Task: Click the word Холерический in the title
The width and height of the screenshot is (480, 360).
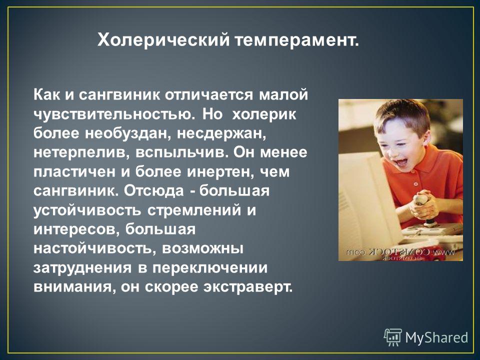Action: (x=163, y=40)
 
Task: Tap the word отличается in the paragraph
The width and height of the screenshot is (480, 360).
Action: (x=209, y=95)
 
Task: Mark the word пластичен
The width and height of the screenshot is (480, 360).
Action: (x=74, y=172)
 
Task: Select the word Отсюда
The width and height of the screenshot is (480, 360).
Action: (x=154, y=191)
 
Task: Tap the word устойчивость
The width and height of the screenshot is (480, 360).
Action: (x=87, y=210)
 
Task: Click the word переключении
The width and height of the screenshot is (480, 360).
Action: (x=210, y=268)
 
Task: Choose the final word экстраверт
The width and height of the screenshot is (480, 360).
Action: (x=248, y=287)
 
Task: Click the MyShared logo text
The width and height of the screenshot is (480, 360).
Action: (x=437, y=337)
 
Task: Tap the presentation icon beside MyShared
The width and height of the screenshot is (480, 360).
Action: (x=393, y=337)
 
